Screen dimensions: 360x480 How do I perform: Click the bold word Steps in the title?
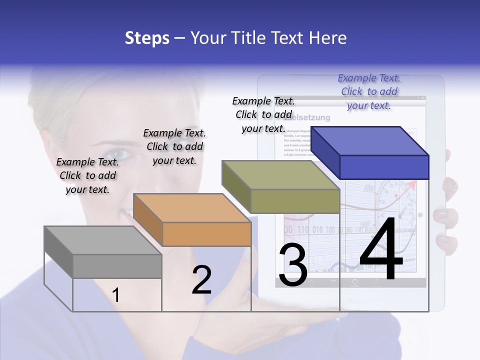click(146, 38)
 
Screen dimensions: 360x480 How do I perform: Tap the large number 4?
click(381, 249)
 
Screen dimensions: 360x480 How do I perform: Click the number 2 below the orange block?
click(201, 279)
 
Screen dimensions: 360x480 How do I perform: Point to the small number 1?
click(115, 295)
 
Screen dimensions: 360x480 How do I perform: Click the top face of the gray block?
click(102, 240)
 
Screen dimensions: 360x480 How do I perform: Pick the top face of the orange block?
click(192, 208)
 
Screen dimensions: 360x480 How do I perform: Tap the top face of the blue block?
click(370, 140)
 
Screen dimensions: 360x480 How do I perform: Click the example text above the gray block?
click(87, 175)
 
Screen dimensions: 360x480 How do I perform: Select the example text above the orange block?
click(174, 146)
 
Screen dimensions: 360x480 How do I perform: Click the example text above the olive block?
click(263, 114)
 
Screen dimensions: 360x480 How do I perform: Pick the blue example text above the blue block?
click(369, 91)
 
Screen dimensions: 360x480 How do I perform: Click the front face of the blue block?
click(384, 167)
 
